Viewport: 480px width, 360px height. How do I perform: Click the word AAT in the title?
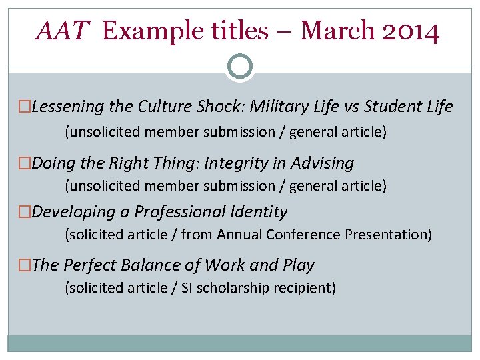63,31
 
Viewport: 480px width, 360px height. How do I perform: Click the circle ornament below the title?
240,67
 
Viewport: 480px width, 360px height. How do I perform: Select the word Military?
280,107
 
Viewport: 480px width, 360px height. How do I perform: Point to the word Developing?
73,212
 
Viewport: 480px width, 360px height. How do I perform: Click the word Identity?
259,212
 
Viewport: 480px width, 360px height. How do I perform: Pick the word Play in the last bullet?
298,265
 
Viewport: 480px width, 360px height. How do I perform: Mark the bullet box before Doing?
25,163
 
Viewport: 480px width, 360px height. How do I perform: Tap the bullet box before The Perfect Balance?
25,265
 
